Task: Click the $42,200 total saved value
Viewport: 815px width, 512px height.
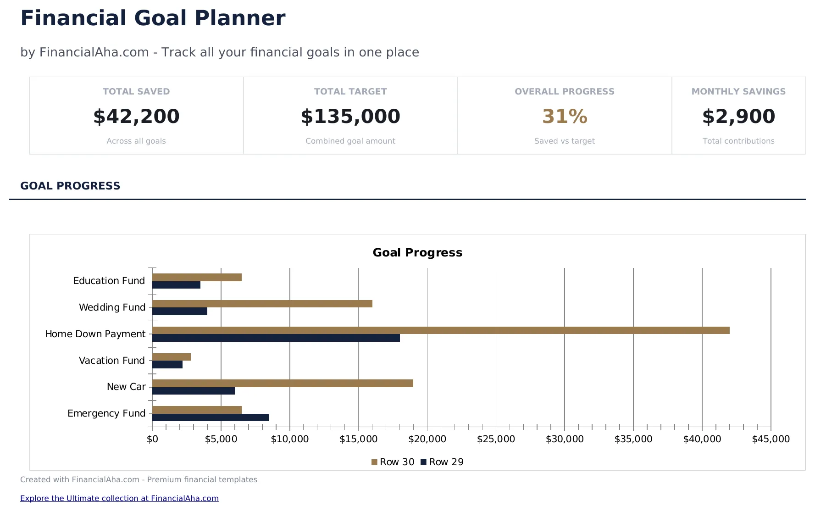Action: point(136,117)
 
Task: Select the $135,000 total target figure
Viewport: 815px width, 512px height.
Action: point(350,117)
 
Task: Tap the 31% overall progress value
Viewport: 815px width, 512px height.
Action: point(565,117)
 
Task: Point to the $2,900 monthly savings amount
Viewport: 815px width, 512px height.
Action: point(738,117)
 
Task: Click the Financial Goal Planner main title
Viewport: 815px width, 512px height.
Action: point(153,18)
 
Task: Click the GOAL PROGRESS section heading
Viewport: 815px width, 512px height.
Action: point(70,186)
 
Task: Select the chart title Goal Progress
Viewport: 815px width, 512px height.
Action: point(417,253)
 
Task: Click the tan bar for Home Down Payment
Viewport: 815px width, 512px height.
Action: point(440,330)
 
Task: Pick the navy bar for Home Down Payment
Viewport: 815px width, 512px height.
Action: point(276,338)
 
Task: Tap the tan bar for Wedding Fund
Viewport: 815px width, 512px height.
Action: point(262,304)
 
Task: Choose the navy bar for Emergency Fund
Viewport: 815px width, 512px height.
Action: point(211,417)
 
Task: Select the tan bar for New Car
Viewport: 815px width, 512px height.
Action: point(283,384)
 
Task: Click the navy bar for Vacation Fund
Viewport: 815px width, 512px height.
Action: point(167,365)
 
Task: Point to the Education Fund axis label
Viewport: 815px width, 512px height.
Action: point(109,281)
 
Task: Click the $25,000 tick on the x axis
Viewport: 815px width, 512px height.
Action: point(496,439)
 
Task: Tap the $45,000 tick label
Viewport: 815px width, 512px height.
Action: point(771,439)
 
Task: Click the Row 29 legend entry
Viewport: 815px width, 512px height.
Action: point(442,462)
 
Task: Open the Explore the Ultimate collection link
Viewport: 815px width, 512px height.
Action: point(119,498)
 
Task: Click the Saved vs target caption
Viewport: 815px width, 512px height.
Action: point(564,141)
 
